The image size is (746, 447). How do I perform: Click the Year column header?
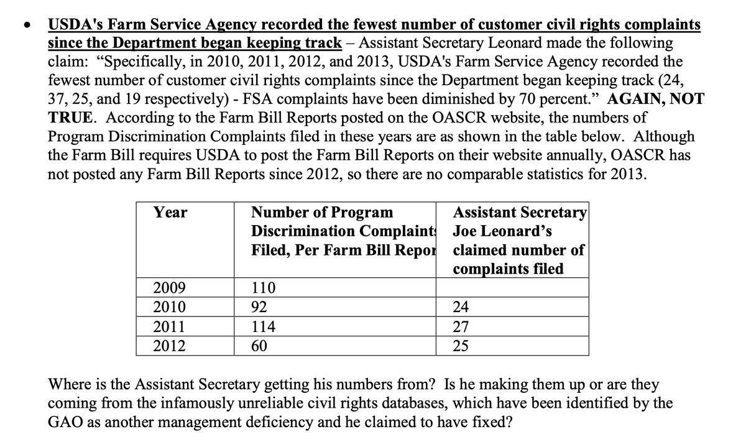[170, 212]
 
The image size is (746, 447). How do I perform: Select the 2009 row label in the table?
[170, 288]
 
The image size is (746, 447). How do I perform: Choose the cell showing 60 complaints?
[260, 346]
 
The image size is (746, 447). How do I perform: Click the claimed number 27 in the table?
[461, 327]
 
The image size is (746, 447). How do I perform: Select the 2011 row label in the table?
[170, 327]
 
